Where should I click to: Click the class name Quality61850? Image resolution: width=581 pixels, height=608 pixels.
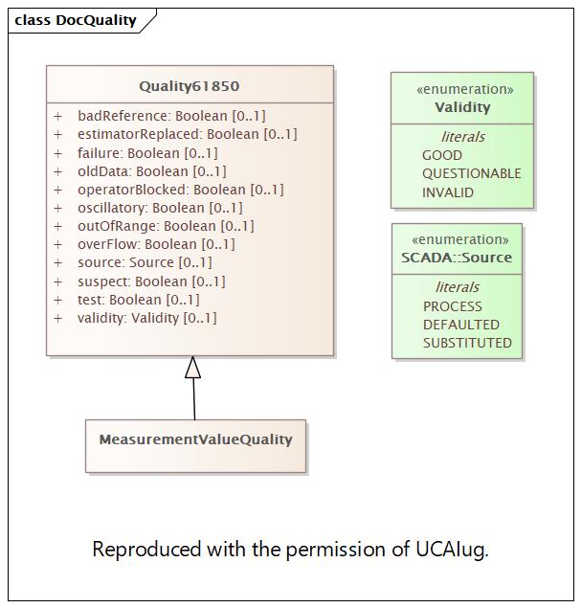point(190,86)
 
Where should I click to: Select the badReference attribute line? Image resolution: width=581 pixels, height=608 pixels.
point(171,116)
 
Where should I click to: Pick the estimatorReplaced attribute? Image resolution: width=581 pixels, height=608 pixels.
point(187,134)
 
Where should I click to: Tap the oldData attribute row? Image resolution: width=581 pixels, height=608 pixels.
point(151,171)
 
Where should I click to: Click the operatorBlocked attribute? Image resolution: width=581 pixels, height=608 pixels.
point(180,190)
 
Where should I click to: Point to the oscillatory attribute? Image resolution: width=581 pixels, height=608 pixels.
point(160,208)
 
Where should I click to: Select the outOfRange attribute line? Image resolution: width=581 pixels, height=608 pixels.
point(166,226)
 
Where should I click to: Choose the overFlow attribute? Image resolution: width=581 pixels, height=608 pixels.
point(156,244)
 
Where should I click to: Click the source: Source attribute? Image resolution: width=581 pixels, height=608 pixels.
point(145,262)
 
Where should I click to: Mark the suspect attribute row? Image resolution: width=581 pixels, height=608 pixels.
point(151,281)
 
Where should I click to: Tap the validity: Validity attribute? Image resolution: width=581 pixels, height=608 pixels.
point(147,318)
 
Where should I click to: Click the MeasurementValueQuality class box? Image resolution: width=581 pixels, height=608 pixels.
point(195,440)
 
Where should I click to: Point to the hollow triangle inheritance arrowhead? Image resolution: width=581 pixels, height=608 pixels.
point(193,368)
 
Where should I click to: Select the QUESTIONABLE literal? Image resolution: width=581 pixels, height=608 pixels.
point(471,173)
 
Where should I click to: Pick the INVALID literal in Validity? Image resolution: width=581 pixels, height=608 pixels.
point(447,192)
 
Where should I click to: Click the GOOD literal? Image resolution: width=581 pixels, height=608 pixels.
point(441,155)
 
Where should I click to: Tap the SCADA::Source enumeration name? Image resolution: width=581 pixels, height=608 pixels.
point(457,258)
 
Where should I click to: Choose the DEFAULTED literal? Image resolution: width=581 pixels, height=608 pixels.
point(460,325)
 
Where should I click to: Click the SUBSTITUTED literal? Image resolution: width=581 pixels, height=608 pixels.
point(467,343)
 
